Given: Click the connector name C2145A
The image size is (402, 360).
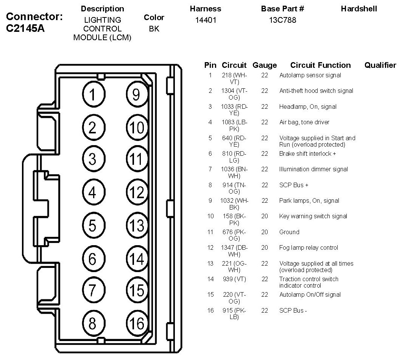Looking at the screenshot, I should pos(26,28).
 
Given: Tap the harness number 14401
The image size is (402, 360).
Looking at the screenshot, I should pos(206,20).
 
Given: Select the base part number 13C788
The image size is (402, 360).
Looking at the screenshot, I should pos(282,20).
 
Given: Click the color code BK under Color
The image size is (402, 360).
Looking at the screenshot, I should pos(154,28).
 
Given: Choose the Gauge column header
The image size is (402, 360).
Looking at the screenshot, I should pos(265,65).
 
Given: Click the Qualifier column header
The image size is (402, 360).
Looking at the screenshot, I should pos(380,65).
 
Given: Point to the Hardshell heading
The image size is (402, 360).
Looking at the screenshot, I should pos(359,9).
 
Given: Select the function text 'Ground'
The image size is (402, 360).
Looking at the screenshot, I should pos(289,232).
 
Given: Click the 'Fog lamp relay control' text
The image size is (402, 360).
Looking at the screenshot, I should pos(309,247).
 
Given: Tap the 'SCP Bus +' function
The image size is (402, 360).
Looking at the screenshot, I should pos(294,185).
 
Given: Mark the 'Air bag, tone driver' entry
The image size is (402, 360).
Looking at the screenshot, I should pos(304,122).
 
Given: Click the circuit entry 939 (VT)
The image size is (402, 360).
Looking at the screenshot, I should pos(234,279).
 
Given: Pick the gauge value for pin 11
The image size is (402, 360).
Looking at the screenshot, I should pos(265,232).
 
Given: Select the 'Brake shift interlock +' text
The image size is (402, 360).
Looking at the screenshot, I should pos(307,153).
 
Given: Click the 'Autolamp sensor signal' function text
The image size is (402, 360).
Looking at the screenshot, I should pos(310,75).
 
